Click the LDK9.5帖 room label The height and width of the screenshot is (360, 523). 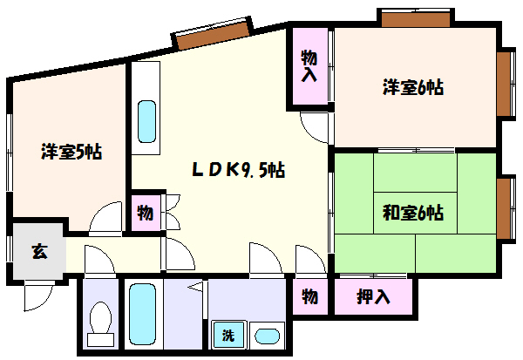tap(239, 170)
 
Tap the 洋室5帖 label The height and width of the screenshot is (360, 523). tap(71, 152)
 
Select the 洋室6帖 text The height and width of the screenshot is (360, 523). tap(413, 87)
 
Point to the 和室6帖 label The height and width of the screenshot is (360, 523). tap(413, 213)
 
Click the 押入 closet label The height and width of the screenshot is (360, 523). tap(373, 296)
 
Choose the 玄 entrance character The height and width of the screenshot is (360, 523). tap(39, 252)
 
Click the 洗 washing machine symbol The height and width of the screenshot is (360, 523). tap(228, 335)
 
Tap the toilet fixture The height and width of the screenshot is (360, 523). tap(100, 323)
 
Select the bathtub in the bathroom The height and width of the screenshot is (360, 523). tap(142, 314)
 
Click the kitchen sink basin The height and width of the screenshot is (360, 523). tap(146, 121)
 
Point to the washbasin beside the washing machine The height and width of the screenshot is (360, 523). tap(267, 336)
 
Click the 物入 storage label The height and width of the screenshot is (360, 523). tap(309, 65)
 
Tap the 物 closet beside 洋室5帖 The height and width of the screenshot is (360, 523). tap(146, 213)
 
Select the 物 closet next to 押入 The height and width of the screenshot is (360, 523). tap(309, 296)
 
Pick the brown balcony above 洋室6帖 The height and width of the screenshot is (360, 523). tap(416, 20)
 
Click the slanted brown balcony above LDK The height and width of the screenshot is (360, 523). tap(214, 36)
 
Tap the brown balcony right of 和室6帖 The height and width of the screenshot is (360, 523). tap(504, 208)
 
